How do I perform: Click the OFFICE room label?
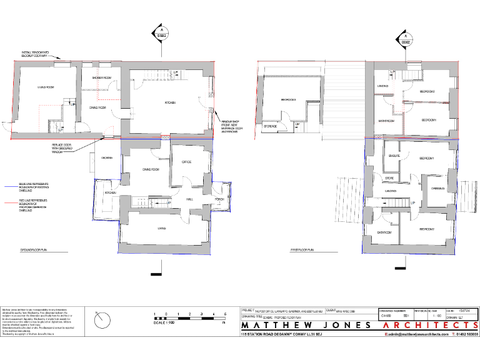[x=186, y=162]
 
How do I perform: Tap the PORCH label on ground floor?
[x=219, y=199]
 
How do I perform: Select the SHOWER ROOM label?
[x=101, y=77]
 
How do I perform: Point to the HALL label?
[x=189, y=199]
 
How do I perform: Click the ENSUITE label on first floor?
[x=394, y=156]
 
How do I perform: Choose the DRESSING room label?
[x=437, y=188]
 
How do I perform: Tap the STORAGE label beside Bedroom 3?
[x=271, y=126]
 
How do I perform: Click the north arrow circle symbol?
[x=102, y=321]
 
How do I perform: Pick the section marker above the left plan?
[x=161, y=35]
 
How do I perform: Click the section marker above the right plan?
[x=406, y=39]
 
